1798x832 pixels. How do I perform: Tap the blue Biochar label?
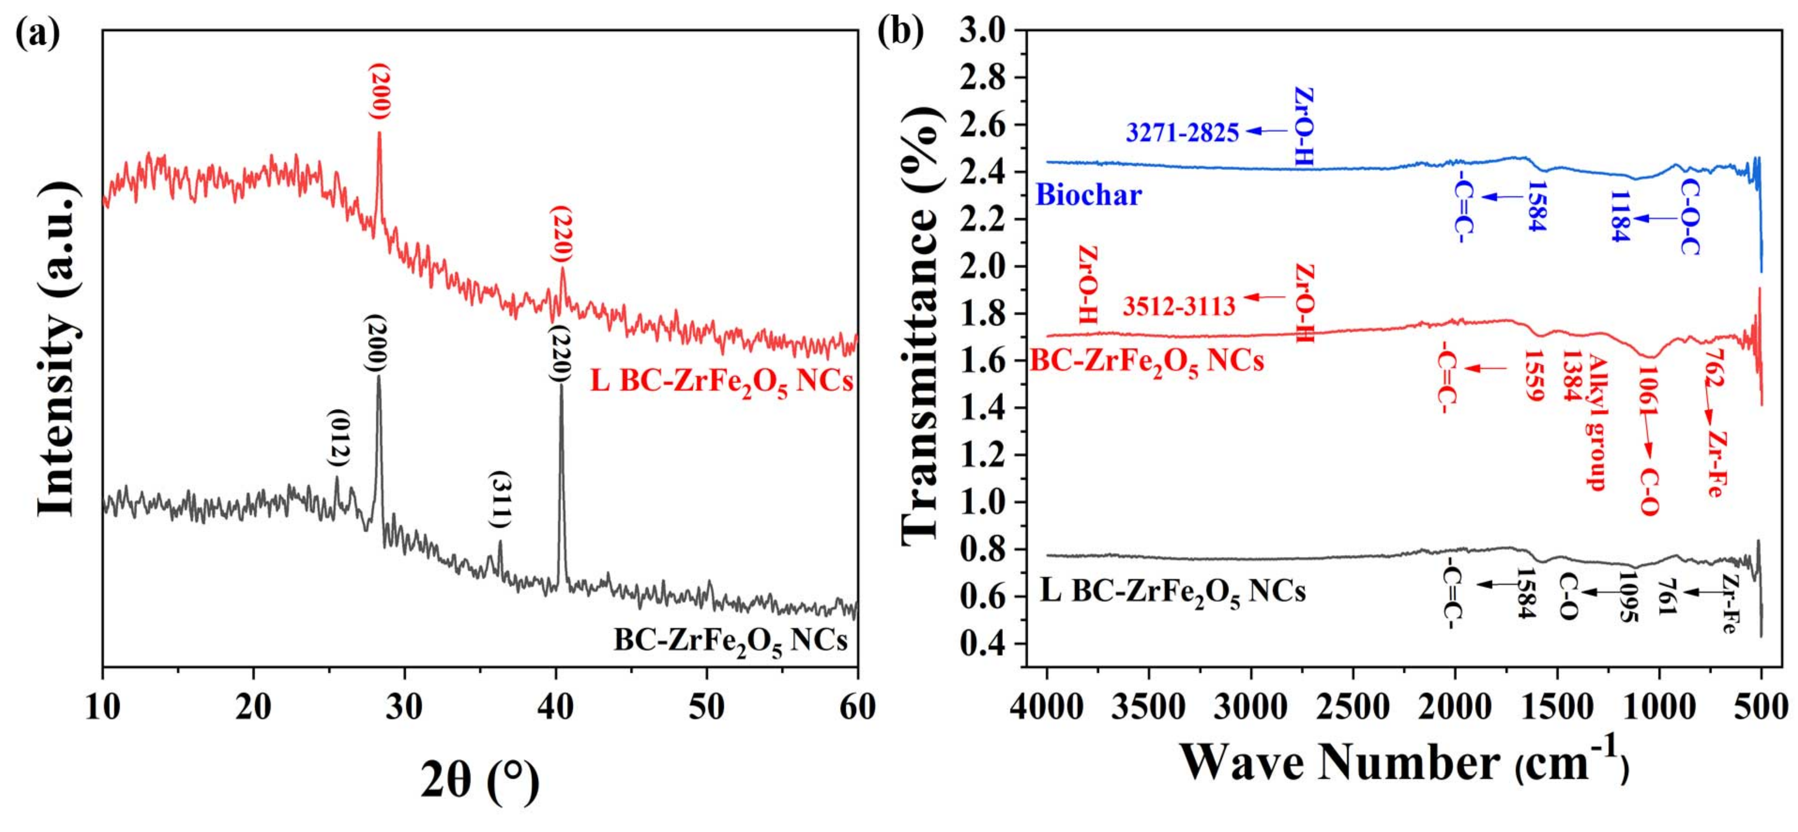pyautogui.click(x=1088, y=195)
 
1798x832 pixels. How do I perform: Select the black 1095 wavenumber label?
pyautogui.click(x=1629, y=597)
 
